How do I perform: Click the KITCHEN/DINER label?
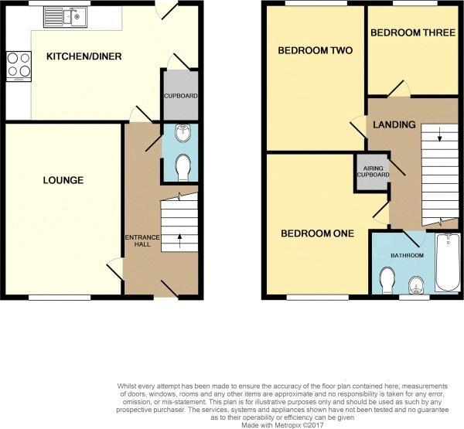[x=84, y=56]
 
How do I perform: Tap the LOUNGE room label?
[x=63, y=180]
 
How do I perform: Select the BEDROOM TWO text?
[x=315, y=51]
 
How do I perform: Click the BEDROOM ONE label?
[x=317, y=233]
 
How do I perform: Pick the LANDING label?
[x=394, y=124]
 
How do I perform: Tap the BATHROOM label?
[x=407, y=255]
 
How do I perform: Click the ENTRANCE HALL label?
[x=140, y=240]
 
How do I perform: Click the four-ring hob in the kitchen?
[x=19, y=64]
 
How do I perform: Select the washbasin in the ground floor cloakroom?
[x=183, y=133]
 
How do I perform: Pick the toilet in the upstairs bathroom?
[x=387, y=277]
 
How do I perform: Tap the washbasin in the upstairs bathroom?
[x=417, y=285]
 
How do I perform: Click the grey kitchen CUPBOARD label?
[x=180, y=96]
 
